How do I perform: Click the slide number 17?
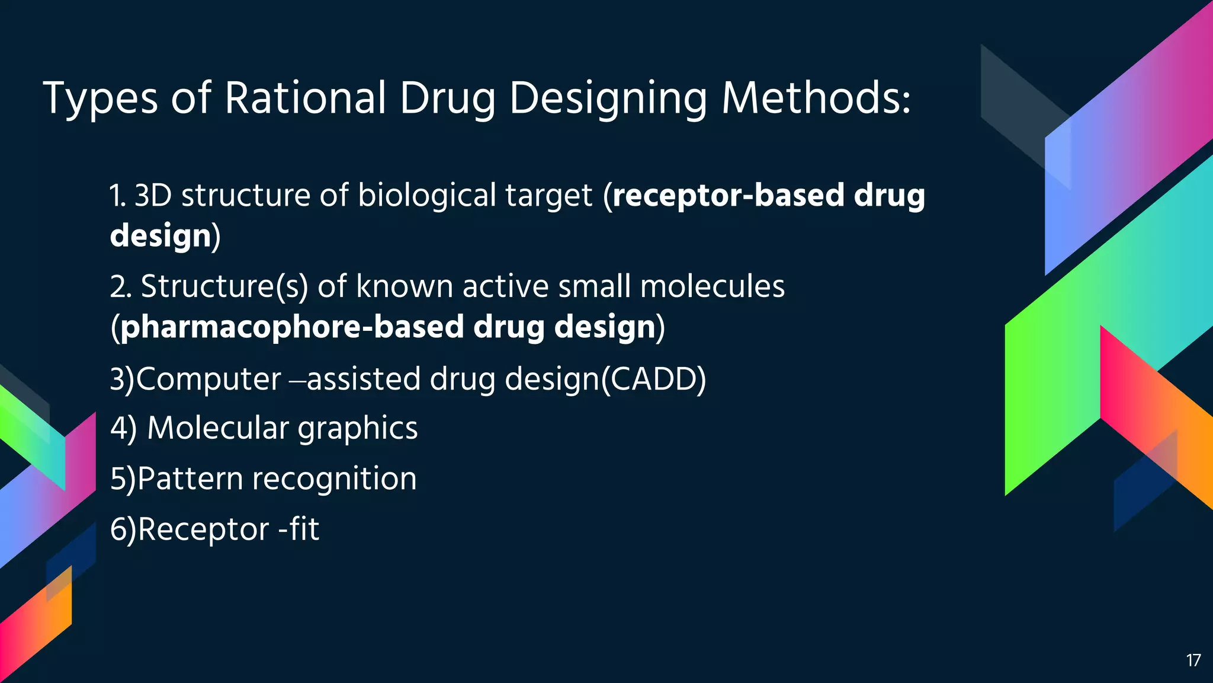1193,660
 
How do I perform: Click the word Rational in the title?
304,98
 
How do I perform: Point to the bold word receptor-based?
728,196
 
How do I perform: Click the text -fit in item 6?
299,529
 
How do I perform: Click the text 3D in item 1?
153,196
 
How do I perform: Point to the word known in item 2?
404,286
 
